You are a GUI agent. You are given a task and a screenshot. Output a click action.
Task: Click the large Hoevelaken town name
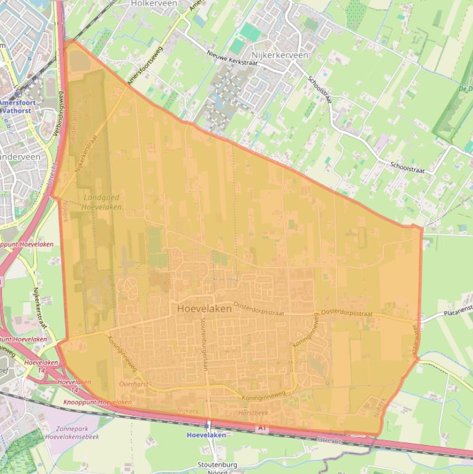(204, 308)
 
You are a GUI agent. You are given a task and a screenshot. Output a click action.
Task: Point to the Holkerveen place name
(154, 4)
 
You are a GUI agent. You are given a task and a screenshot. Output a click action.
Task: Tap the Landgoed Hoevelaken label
(103, 202)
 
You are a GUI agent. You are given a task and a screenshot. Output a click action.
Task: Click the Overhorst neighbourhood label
(133, 384)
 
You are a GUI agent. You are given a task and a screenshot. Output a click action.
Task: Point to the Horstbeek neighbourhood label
(253, 412)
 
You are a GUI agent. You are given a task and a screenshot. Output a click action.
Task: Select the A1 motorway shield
(263, 427)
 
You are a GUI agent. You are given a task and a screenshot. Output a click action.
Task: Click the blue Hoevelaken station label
(206, 435)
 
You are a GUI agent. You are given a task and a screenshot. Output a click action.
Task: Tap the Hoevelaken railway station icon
(208, 425)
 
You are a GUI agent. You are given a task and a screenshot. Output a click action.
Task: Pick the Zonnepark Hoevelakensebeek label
(71, 432)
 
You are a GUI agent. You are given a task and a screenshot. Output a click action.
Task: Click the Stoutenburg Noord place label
(218, 468)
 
